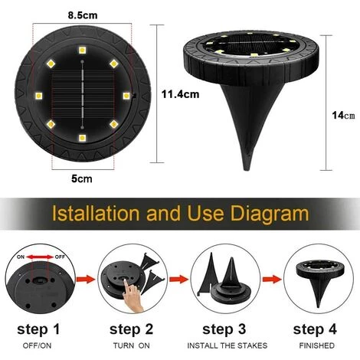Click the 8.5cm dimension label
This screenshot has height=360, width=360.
point(83,15)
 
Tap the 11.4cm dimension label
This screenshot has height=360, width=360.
point(180,94)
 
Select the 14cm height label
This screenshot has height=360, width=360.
point(343,116)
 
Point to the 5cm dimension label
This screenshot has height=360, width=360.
point(82,178)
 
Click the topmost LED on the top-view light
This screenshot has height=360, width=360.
point(82,51)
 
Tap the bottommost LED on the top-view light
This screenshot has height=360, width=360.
point(82,138)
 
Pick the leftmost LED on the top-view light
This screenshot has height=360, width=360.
point(39,96)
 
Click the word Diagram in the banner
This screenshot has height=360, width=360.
point(270,214)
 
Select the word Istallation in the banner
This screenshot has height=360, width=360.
point(96,213)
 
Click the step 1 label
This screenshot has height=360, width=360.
point(38,329)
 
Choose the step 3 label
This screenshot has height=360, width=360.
point(224,329)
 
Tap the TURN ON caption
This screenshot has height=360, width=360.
point(132,345)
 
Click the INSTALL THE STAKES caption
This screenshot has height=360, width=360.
point(227,345)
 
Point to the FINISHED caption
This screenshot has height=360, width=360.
point(317,345)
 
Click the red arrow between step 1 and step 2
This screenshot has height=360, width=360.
point(86,279)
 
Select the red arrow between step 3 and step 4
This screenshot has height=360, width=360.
point(272,279)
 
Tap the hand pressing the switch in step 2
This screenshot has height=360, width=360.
point(133,296)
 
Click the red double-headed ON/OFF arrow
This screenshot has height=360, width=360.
point(40,257)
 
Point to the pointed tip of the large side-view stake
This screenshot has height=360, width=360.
point(247,170)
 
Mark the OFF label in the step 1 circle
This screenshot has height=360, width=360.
point(60,257)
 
